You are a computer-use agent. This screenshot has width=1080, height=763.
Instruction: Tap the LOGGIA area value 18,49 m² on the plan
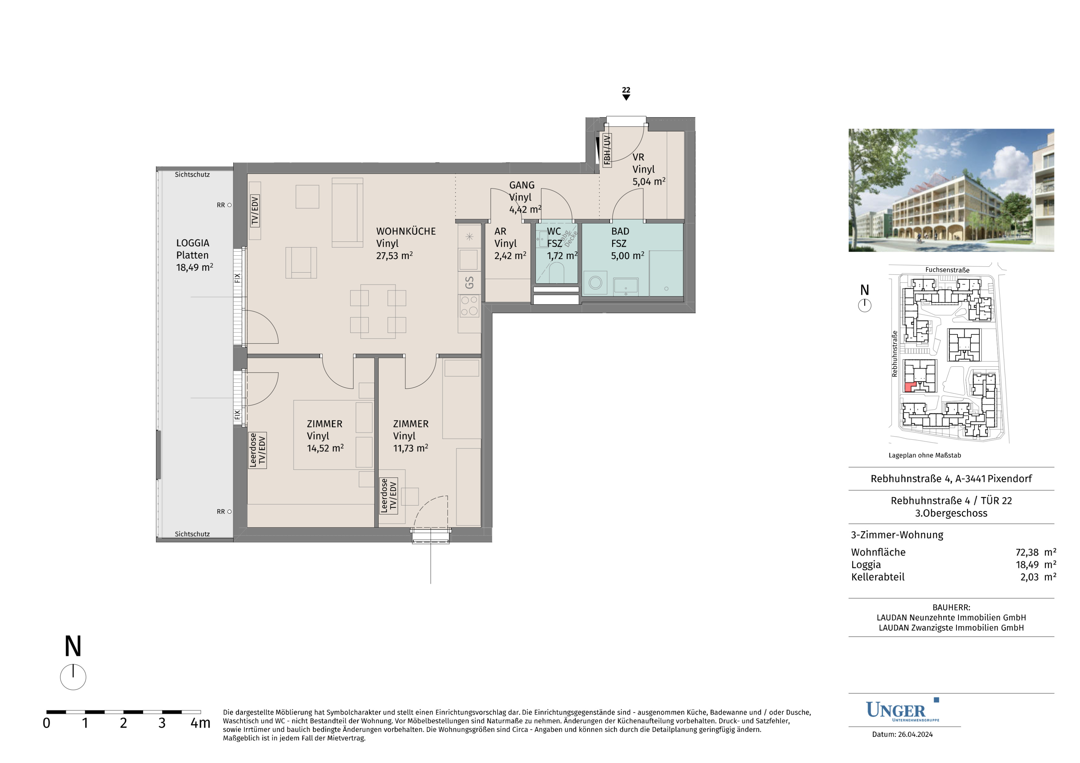pyautogui.click(x=194, y=267)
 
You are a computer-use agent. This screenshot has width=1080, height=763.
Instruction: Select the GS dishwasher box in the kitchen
pyautogui.click(x=469, y=283)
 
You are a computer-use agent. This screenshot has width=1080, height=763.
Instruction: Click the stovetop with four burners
pyautogui.click(x=469, y=306)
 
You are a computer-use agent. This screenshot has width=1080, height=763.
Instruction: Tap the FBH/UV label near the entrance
pyautogui.click(x=607, y=151)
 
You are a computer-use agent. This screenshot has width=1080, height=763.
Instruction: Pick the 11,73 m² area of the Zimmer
pyautogui.click(x=411, y=448)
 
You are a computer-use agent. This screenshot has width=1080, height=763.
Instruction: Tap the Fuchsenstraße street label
pyautogui.click(x=947, y=270)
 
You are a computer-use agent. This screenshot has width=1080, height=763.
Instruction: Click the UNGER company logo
pyautogui.click(x=902, y=710)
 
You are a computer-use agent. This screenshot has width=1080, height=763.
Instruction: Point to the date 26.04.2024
pyautogui.click(x=915, y=734)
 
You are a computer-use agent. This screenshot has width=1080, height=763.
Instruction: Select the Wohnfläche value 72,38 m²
pyautogui.click(x=1036, y=552)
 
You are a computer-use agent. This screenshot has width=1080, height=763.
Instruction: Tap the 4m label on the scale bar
pyautogui.click(x=200, y=723)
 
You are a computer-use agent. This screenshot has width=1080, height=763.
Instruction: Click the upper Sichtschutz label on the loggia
pyautogui.click(x=192, y=175)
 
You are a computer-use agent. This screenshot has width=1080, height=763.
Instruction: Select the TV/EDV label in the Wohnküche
pyautogui.click(x=255, y=211)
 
